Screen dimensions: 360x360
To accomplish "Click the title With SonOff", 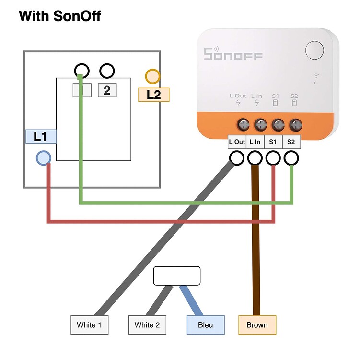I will point(59,16).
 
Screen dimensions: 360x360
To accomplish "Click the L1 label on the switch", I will point(41,136).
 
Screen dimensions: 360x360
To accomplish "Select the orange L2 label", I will point(153,94).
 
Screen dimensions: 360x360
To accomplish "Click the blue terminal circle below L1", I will point(44,158).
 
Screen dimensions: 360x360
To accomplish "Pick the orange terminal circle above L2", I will point(152,76).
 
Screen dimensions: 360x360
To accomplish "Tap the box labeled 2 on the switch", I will point(107,90).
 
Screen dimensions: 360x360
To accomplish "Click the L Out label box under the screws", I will point(237,142).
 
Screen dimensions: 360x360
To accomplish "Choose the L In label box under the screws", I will point(255,142).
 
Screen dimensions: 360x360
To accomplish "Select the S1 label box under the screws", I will point(273,142).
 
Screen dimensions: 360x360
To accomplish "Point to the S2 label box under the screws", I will point(291,142).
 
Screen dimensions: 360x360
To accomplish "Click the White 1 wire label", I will point(89,325).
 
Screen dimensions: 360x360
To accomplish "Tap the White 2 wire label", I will point(147,325).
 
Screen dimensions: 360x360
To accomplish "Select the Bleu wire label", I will point(205,325).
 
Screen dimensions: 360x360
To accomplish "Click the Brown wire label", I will point(257,325).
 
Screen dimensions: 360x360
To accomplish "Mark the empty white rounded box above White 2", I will point(176,276).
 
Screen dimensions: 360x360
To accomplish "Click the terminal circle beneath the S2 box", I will point(291,158).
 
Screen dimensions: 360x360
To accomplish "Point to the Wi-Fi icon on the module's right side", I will point(316,76).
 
